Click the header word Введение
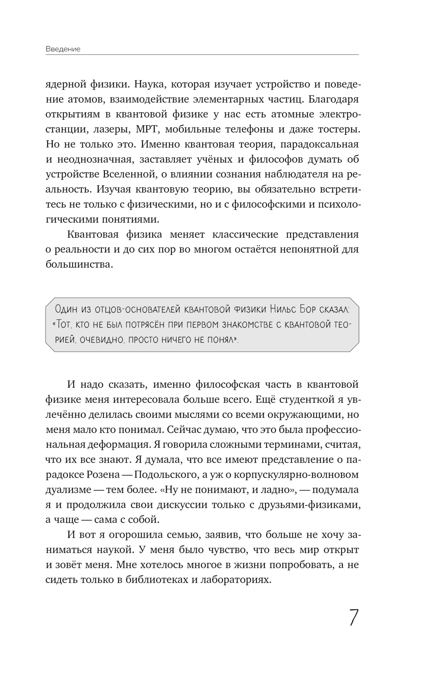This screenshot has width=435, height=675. [63, 49]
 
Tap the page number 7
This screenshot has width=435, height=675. [354, 617]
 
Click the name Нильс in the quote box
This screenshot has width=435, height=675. [285, 309]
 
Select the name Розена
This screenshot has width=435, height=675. [107, 474]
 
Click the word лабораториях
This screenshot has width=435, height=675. [237, 579]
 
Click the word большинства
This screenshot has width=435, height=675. [79, 264]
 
